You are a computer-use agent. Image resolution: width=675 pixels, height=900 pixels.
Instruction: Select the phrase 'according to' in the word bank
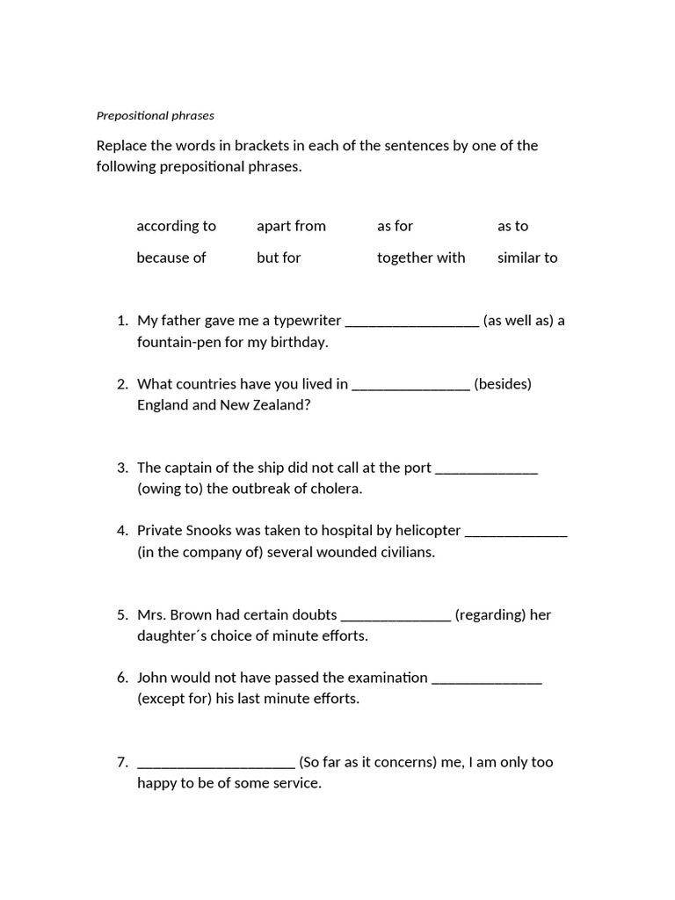click(x=176, y=226)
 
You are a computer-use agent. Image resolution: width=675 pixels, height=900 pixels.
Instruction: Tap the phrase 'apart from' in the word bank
click(x=291, y=226)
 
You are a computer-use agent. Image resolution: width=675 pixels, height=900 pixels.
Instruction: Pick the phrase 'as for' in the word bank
click(x=395, y=226)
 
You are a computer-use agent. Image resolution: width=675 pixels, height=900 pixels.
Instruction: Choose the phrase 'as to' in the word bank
click(x=512, y=226)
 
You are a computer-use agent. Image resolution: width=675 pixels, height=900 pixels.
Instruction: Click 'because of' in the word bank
click(x=171, y=258)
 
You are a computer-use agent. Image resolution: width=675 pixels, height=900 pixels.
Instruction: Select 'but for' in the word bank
click(x=279, y=258)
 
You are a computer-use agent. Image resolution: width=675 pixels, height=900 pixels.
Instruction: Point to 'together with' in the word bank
click(x=421, y=258)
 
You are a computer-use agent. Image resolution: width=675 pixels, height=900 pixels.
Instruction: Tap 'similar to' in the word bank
click(x=527, y=258)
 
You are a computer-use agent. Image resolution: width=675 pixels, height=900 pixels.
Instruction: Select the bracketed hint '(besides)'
click(x=503, y=384)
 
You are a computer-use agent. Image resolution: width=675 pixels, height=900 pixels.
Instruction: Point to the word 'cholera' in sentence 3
click(x=337, y=489)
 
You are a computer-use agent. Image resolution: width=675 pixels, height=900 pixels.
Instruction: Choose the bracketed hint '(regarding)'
click(x=490, y=615)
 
